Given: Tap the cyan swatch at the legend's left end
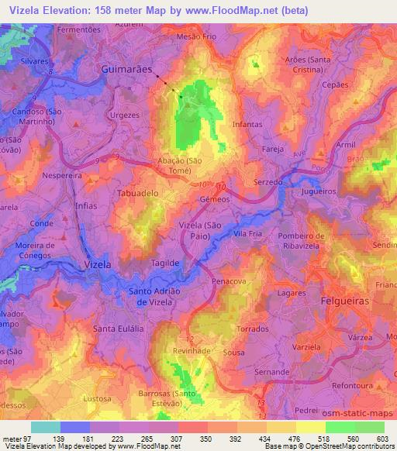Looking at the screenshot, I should (45, 427).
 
